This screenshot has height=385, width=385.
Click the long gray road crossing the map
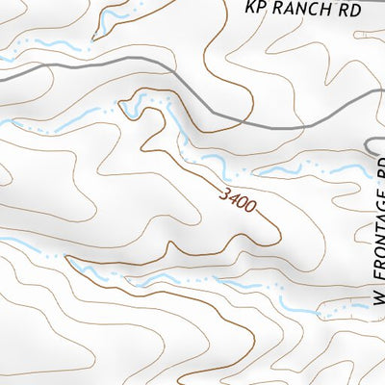tap(96, 69)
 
